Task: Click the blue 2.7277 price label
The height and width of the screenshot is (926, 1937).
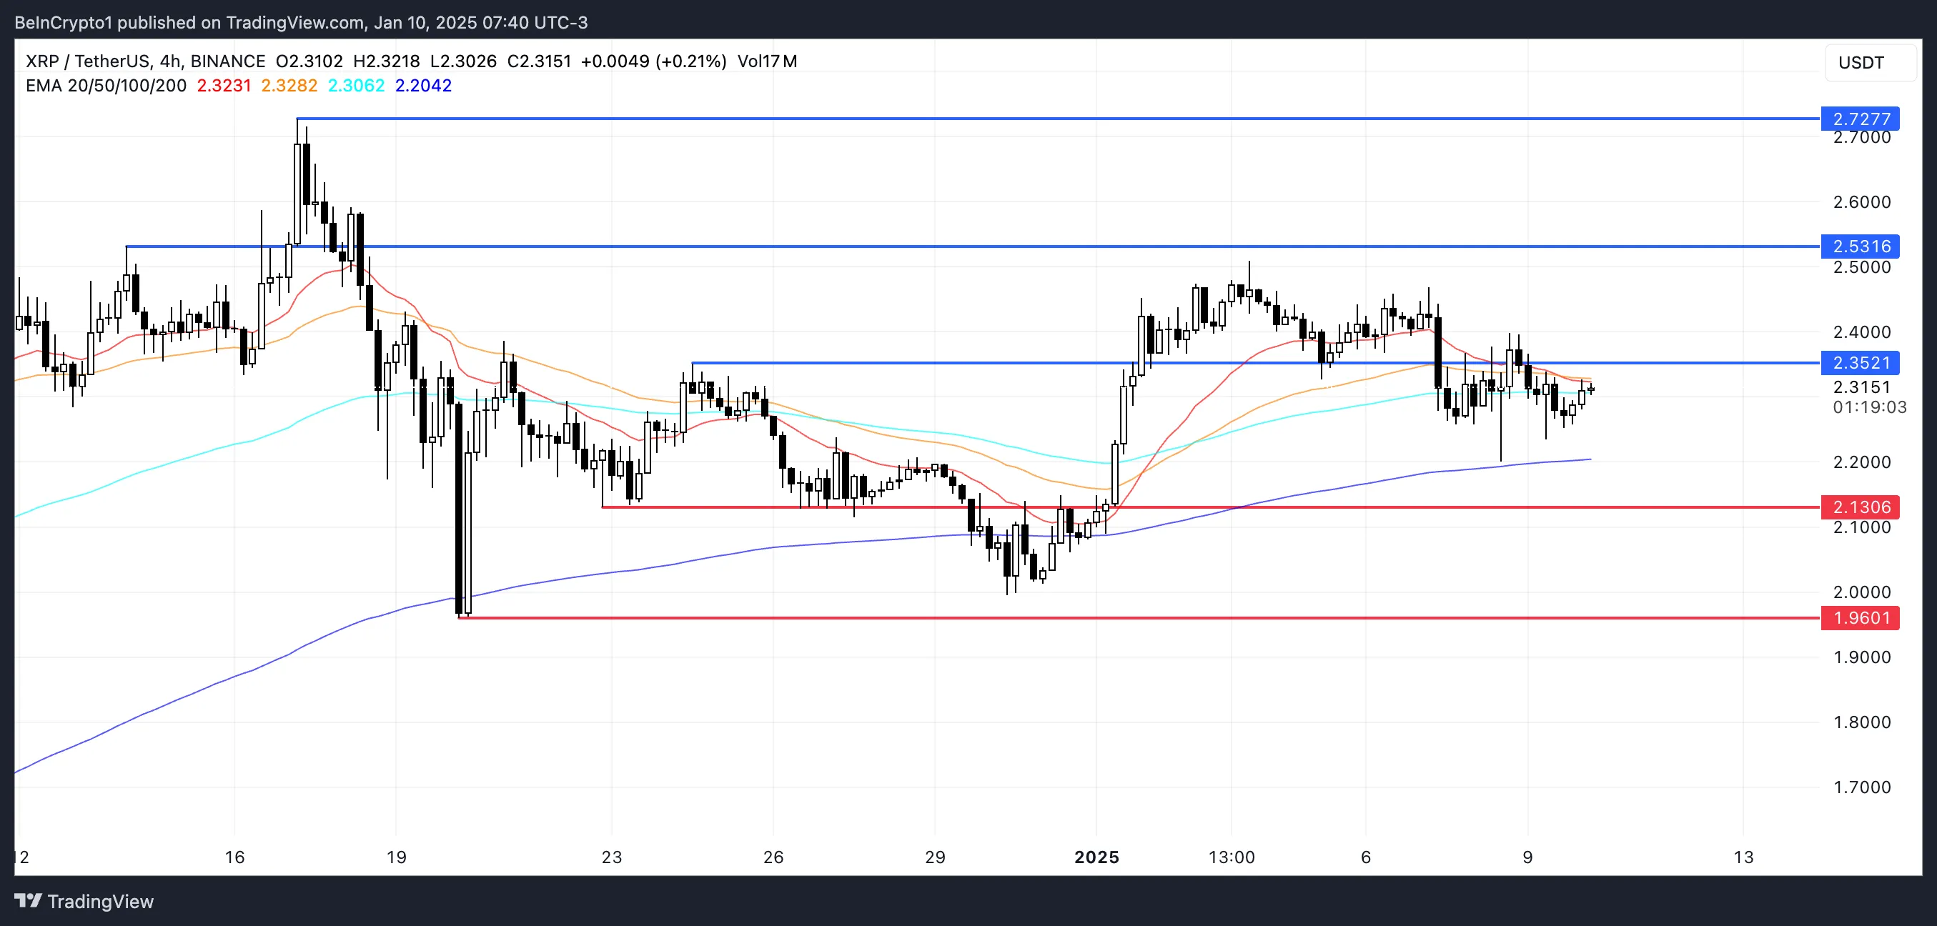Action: (x=1860, y=119)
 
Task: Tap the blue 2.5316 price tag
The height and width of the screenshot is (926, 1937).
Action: (x=1860, y=247)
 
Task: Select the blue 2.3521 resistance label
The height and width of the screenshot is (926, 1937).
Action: (x=1860, y=363)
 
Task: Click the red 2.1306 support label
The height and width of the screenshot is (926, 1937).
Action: (x=1860, y=507)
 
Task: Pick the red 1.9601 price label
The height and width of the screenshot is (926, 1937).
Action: (x=1860, y=618)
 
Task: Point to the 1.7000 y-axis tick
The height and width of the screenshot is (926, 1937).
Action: (x=1862, y=787)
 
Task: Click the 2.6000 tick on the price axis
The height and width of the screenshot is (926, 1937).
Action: (x=1862, y=201)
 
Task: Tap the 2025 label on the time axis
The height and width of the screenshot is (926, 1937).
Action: (x=1096, y=857)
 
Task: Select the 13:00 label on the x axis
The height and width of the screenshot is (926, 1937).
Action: (x=1231, y=857)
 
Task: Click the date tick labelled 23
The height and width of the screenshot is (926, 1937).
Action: (x=611, y=857)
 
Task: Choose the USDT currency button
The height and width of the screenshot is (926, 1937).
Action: (x=1861, y=62)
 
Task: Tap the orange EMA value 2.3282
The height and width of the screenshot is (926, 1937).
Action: (x=289, y=86)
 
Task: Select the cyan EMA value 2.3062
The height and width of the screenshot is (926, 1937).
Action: (x=356, y=86)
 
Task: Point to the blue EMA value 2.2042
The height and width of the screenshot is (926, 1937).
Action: (x=423, y=86)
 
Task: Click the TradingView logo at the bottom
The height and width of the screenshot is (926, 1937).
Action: (x=84, y=901)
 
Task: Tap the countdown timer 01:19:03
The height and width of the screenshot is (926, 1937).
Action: (x=1869, y=407)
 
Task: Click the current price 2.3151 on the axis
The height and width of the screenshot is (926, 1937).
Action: (x=1862, y=387)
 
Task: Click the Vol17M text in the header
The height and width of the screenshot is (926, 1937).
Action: (x=767, y=61)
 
